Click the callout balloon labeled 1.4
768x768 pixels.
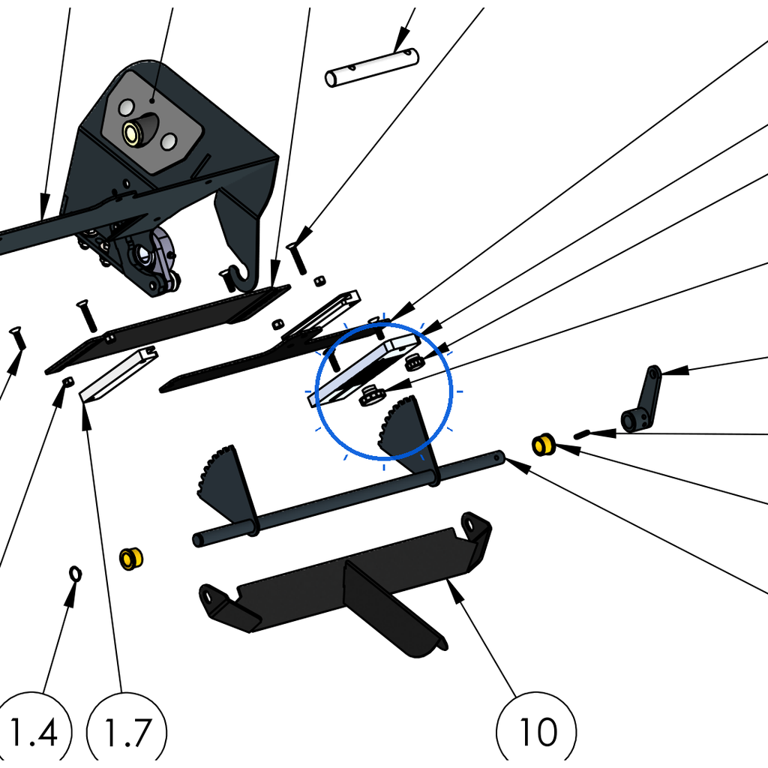33,730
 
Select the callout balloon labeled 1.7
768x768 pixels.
126,730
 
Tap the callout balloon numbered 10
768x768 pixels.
536,730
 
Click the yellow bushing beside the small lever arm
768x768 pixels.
543,445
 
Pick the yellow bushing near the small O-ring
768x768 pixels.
131,559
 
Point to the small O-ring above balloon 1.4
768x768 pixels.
76,573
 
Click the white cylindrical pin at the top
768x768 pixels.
372,67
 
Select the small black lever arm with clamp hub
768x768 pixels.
640,400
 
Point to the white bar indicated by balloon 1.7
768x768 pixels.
118,373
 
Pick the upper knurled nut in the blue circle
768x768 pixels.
414,362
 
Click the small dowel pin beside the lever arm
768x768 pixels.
582,434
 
